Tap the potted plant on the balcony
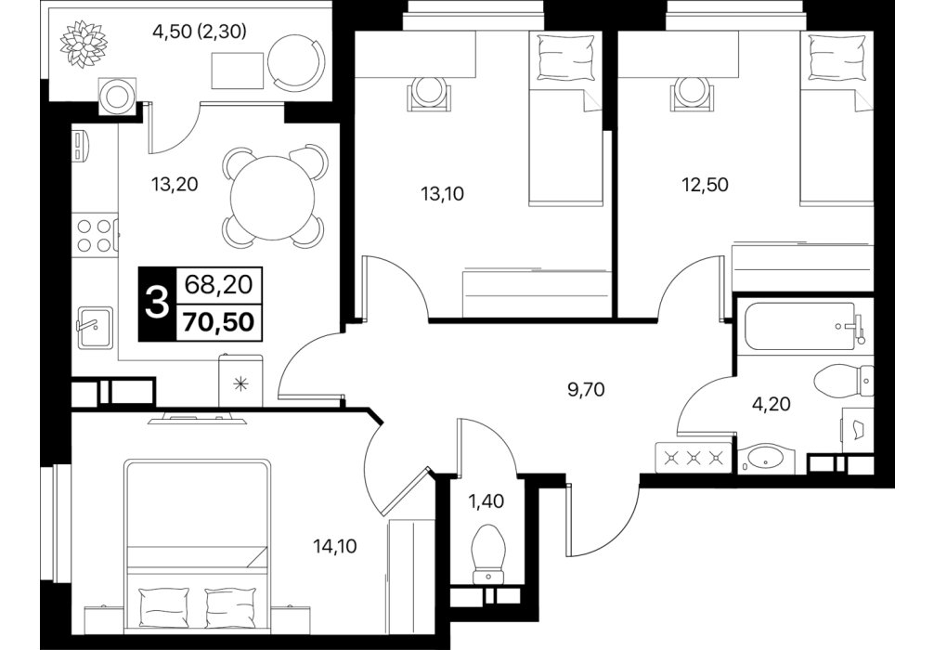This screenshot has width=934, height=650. tap(84, 43)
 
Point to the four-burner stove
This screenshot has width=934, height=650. tap(96, 235)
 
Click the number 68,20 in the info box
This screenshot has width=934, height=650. tap(218, 284)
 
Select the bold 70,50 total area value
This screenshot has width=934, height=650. tap(219, 321)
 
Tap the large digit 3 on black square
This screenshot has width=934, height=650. tap(157, 304)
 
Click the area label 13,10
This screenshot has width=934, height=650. tap(443, 194)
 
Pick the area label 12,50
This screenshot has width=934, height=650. tap(705, 185)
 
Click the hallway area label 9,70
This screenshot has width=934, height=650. tap(586, 390)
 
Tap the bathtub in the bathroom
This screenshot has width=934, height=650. tap(799, 327)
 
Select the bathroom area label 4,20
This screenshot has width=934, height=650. tap(772, 404)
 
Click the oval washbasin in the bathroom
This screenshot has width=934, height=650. tap(765, 460)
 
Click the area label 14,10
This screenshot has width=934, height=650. tap(335, 545)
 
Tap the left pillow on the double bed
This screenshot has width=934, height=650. tap(164, 604)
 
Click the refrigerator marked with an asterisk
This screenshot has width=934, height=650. tap(241, 382)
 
